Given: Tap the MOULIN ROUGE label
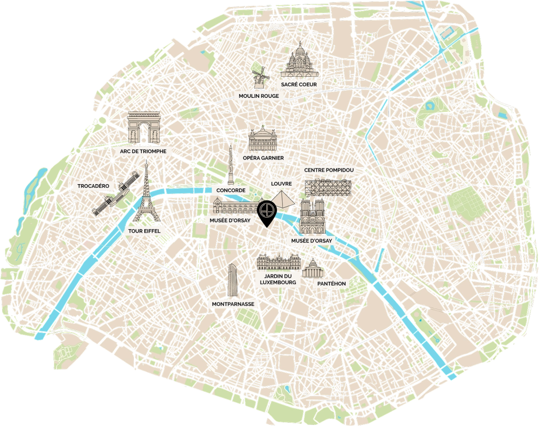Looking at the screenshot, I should [258, 96].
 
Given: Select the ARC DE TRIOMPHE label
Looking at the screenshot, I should [143, 151].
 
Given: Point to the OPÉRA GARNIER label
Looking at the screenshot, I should [264, 158].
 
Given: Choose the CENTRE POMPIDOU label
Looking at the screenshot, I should [327, 170].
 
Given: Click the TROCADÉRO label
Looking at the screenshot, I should [93, 186].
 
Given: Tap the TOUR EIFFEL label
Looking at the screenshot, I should [144, 231].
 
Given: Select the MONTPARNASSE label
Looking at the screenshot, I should [233, 304].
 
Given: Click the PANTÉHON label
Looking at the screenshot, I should [332, 283].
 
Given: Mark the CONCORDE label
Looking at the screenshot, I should [230, 190].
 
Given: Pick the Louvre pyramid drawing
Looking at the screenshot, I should [282, 200].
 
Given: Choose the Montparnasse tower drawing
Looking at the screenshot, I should [232, 280].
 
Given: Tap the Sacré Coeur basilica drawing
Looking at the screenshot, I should [298, 63].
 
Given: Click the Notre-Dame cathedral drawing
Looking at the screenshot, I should [312, 218].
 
